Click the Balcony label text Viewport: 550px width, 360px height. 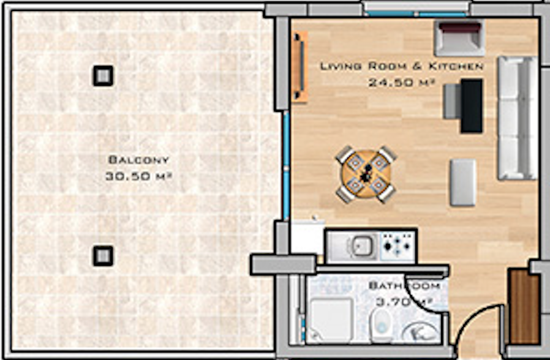(139, 160)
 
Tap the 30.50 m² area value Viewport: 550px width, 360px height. (139, 176)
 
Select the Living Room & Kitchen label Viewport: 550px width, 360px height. (402, 66)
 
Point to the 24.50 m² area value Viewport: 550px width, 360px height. (402, 83)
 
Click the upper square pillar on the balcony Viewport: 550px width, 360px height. (103, 76)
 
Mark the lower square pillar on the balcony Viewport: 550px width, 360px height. (103, 256)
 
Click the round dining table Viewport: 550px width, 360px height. (366, 174)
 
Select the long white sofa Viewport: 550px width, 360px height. (518, 119)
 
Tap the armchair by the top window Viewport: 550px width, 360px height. (459, 38)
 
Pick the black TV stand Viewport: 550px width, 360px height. (472, 106)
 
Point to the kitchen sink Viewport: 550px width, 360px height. (362, 246)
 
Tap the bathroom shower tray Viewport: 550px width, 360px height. (330, 320)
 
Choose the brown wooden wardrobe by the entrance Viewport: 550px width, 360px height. (524, 306)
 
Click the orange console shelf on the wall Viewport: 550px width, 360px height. (299, 67)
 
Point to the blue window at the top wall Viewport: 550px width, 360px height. (416, 14)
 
